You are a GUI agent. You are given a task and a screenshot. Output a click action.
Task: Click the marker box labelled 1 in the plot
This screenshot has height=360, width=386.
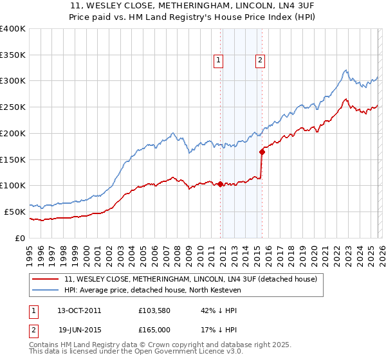219,60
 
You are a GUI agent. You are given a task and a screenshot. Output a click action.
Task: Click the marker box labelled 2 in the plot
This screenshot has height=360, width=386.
261,60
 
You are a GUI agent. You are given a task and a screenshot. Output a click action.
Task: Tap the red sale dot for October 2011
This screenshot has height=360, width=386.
220,184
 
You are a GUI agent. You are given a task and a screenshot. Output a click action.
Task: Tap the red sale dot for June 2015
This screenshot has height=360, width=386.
262,152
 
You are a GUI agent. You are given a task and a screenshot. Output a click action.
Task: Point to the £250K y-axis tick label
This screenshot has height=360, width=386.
13,107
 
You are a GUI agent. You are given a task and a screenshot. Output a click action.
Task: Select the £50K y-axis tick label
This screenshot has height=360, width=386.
15,212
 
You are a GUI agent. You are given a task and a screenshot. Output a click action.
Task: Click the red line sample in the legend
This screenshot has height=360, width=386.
45,280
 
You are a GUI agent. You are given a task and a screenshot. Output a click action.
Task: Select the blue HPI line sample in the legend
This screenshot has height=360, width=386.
45,291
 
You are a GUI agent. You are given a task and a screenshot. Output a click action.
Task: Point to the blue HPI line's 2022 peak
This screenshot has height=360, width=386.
345,70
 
